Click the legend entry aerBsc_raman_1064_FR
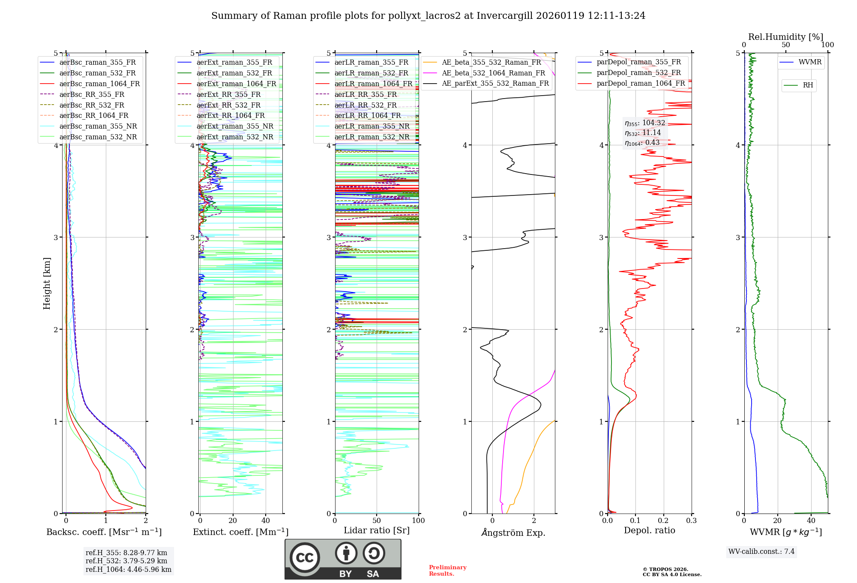click(x=99, y=84)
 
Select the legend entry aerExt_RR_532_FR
click(x=228, y=105)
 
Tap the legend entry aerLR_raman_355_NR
click(x=372, y=126)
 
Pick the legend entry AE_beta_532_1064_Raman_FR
click(x=493, y=73)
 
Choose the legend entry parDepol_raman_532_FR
click(x=638, y=72)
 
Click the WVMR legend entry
click(x=810, y=62)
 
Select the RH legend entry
click(x=808, y=85)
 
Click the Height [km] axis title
click(x=47, y=283)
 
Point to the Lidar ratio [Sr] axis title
click(x=377, y=530)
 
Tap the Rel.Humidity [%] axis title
click(x=785, y=37)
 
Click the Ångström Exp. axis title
click(x=513, y=532)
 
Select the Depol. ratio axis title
click(x=649, y=530)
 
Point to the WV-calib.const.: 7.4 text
click(x=761, y=551)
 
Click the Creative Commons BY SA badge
click(x=343, y=559)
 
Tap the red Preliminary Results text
click(x=447, y=570)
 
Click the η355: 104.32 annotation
click(x=645, y=123)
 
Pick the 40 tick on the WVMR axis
click(x=811, y=520)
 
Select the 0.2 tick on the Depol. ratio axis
click(x=663, y=520)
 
